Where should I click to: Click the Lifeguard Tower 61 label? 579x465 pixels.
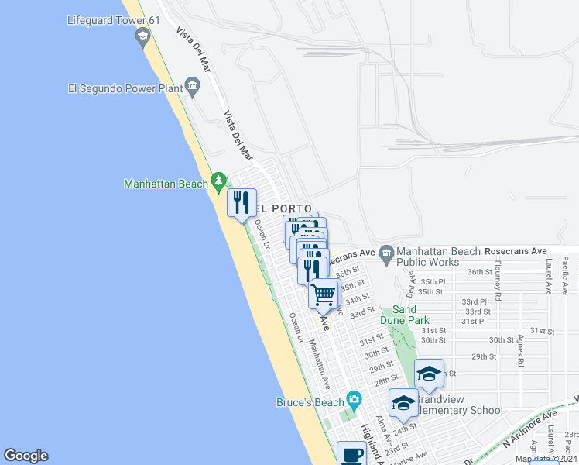coord(113,20)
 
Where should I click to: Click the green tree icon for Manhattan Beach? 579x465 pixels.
coord(218,181)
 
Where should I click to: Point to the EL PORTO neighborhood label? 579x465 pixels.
coord(285,209)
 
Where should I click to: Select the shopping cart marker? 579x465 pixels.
coord(324,294)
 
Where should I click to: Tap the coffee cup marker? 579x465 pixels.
coord(351,454)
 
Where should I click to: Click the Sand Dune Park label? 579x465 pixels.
coord(404,315)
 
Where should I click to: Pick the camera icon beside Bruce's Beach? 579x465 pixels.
coord(355,400)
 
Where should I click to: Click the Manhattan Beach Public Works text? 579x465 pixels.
coord(433,257)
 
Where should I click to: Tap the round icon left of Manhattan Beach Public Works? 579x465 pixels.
coord(386,253)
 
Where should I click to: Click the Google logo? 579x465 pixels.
coord(26,456)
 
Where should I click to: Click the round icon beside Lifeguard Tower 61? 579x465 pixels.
coord(142,36)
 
